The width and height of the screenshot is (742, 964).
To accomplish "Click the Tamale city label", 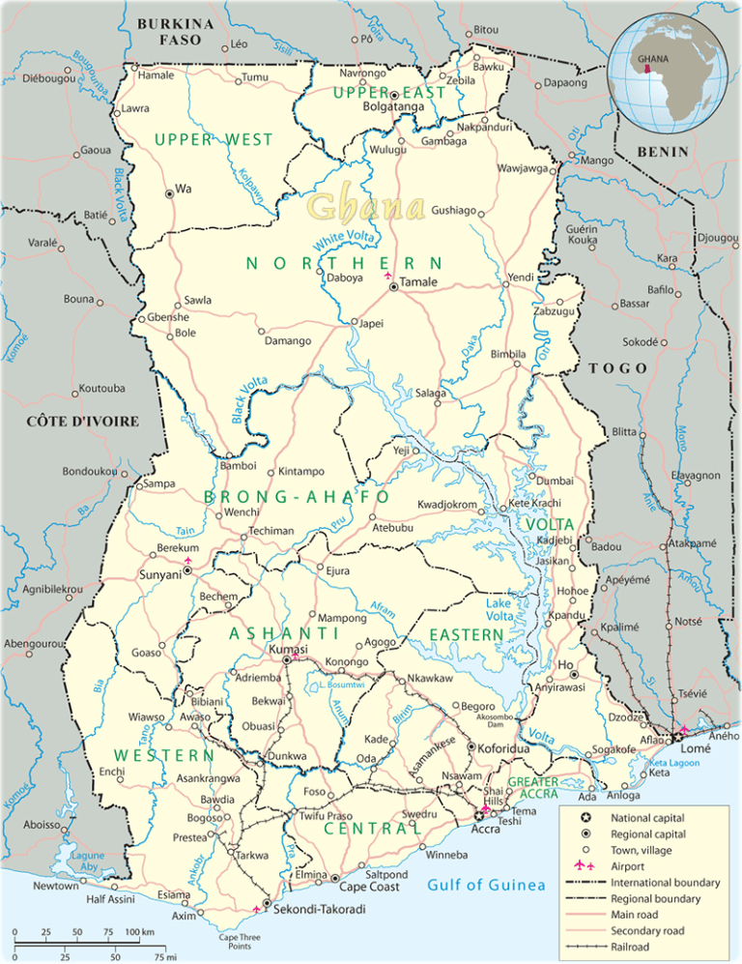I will pos(419,282).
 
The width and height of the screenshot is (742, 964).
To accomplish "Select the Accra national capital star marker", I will pos(477,817).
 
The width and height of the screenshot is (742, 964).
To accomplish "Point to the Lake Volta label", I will pos(499,610).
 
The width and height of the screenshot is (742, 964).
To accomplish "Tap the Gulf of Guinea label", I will pos(486,885).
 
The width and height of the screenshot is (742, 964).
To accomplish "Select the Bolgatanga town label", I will pos(392,107).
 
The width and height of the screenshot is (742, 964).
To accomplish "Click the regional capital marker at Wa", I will pos(169,193).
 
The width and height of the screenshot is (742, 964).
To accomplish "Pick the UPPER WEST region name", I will pos(214,140).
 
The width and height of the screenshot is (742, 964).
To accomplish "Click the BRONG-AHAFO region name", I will pos(297,497).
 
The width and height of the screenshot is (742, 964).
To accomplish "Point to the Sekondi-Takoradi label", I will pos(319,910).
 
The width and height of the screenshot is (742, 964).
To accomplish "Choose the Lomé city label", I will pos(696,749).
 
